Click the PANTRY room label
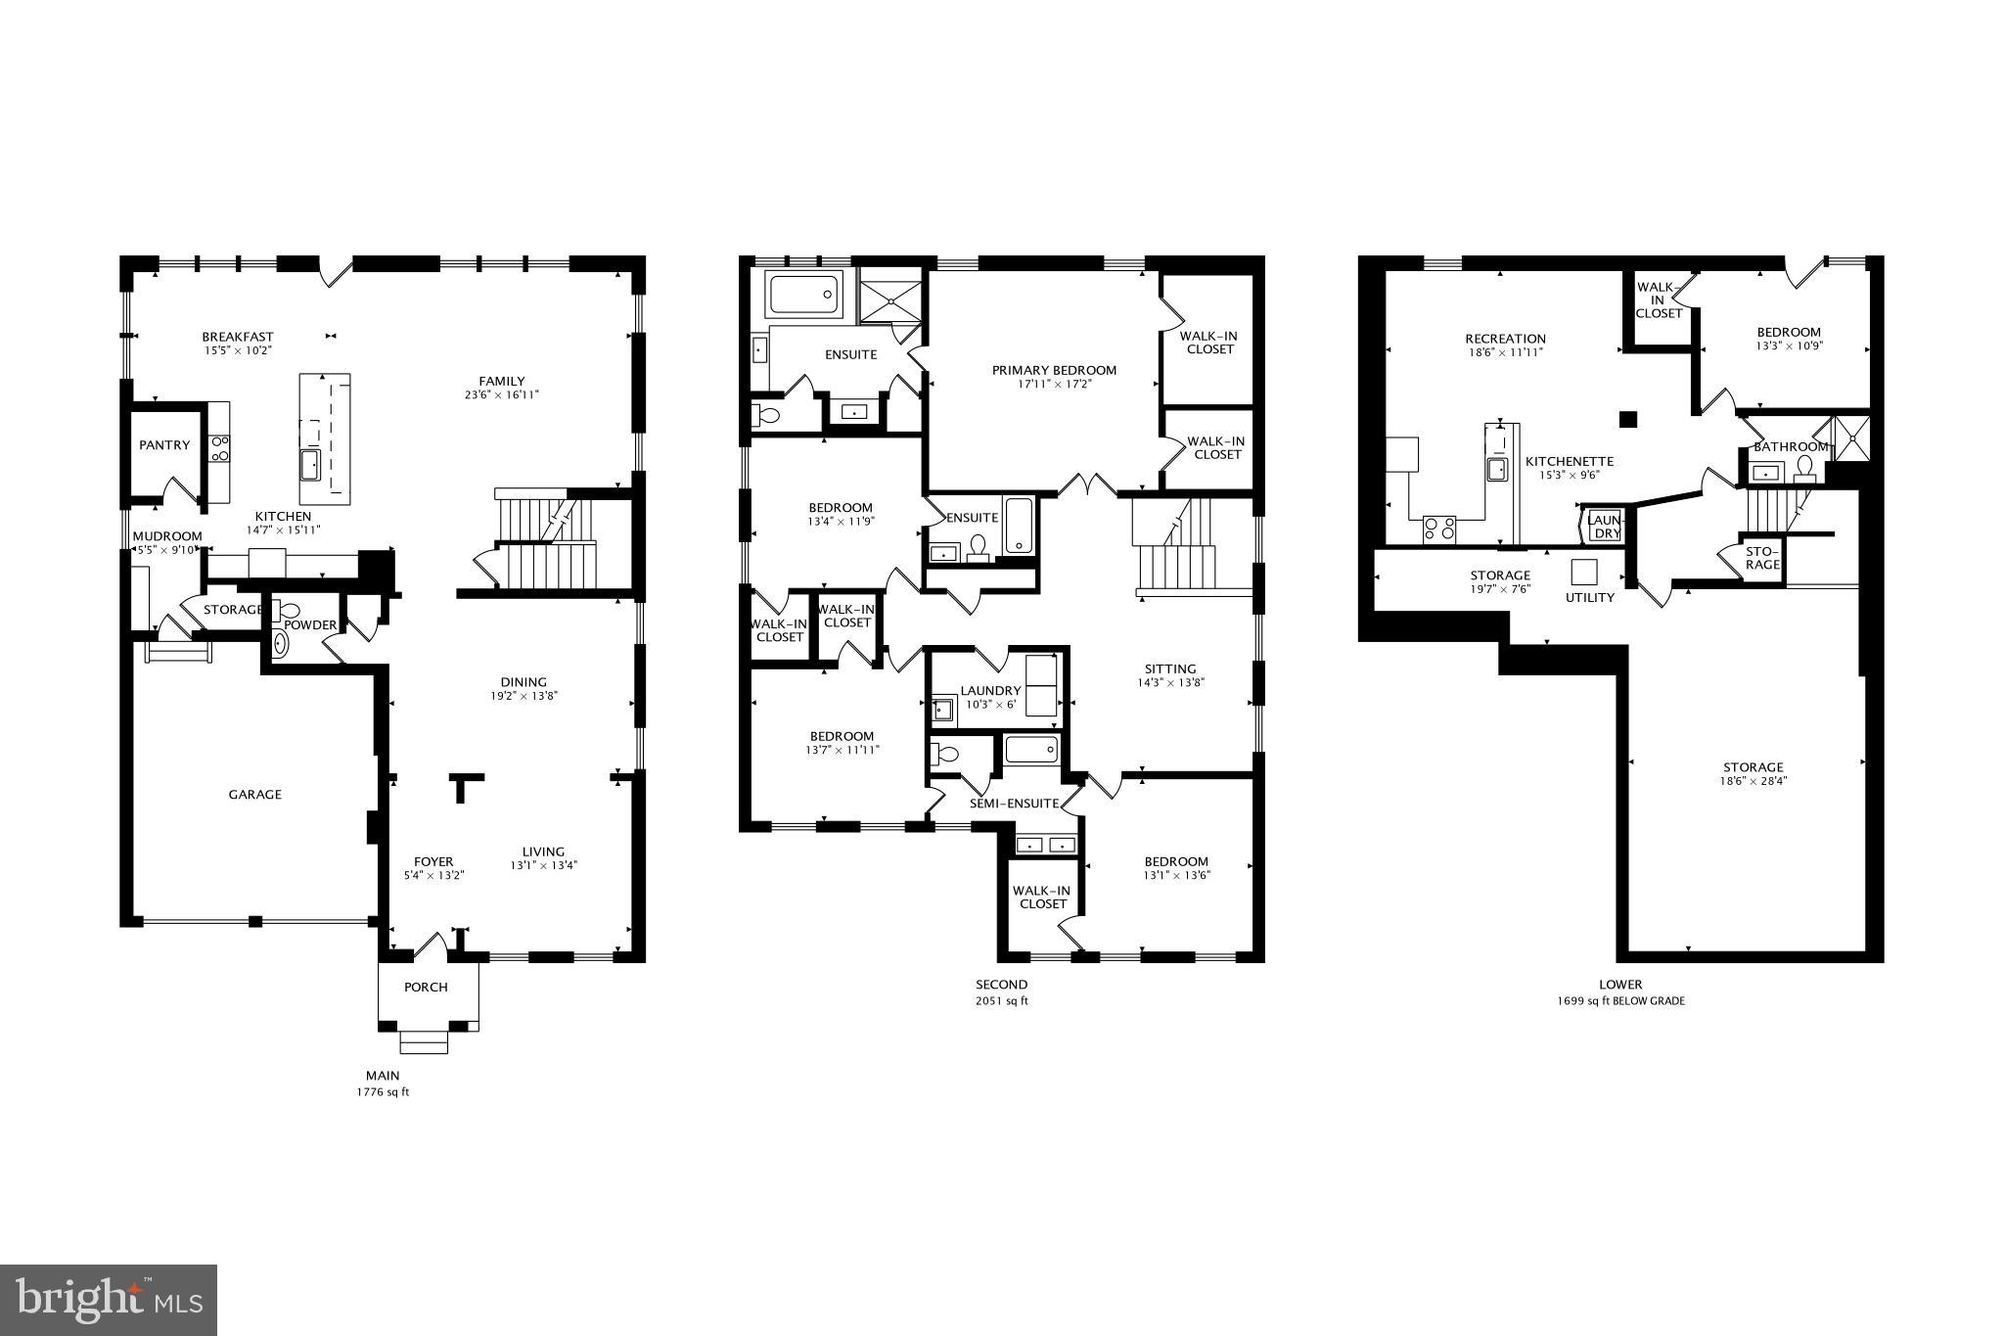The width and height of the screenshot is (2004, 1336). (164, 445)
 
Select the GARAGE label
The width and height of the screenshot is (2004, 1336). (255, 795)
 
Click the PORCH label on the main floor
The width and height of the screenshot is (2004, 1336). (427, 987)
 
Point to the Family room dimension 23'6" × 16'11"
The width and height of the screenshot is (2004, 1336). (502, 395)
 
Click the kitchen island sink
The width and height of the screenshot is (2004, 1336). (312, 464)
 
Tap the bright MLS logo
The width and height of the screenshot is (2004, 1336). (109, 1300)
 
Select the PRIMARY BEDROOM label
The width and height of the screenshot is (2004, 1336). (1054, 370)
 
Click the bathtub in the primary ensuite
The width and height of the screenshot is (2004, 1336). (805, 295)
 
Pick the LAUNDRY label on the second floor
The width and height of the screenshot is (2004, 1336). (990, 691)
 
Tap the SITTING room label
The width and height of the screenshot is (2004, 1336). (1170, 669)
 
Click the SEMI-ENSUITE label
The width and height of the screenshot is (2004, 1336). (1014, 804)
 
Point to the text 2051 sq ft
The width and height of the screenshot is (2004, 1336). (1001, 1001)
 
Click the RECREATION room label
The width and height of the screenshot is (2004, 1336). (1505, 339)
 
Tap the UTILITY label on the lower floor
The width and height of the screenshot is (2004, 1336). (1590, 597)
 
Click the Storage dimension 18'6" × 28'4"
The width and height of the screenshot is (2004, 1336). (1753, 781)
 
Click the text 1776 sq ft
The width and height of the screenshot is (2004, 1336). (383, 1092)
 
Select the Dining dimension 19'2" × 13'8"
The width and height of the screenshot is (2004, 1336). (524, 696)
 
